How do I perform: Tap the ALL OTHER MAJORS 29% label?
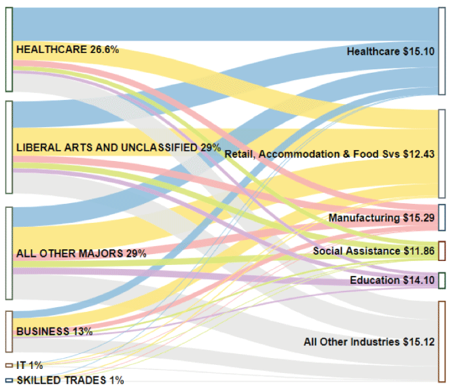[x=81, y=254]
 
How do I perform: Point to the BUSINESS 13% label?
[x=54, y=332]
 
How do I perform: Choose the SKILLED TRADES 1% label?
[x=70, y=380]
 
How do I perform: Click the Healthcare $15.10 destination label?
[x=391, y=52]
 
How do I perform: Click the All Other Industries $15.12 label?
[x=369, y=341]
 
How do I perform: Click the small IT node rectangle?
[x=9, y=366]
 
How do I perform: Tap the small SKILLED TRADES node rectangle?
[x=9, y=380]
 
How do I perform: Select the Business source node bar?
[x=9, y=332]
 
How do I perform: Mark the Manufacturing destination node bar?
[x=442, y=217]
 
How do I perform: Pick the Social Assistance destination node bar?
[x=442, y=251]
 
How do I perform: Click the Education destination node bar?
[x=442, y=281]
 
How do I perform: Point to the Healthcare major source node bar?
[x=9, y=49]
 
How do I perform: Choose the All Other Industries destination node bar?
[x=442, y=341]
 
